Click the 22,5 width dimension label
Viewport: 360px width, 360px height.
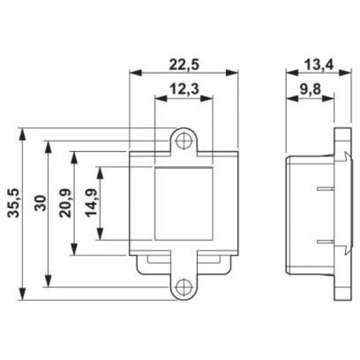tap(184, 65)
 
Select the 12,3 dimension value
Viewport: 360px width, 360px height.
tap(184, 89)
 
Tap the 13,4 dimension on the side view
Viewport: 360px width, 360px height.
tap(319, 65)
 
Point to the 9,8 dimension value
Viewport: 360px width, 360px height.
tap(310, 89)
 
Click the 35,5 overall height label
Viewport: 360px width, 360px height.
tap(13, 203)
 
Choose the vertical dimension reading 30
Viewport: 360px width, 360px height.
tap(40, 203)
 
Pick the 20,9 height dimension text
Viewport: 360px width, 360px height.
tap(65, 203)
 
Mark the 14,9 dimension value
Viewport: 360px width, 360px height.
tap(91, 203)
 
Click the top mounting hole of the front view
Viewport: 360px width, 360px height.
tap(184, 140)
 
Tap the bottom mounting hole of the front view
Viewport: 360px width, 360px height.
tap(184, 287)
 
